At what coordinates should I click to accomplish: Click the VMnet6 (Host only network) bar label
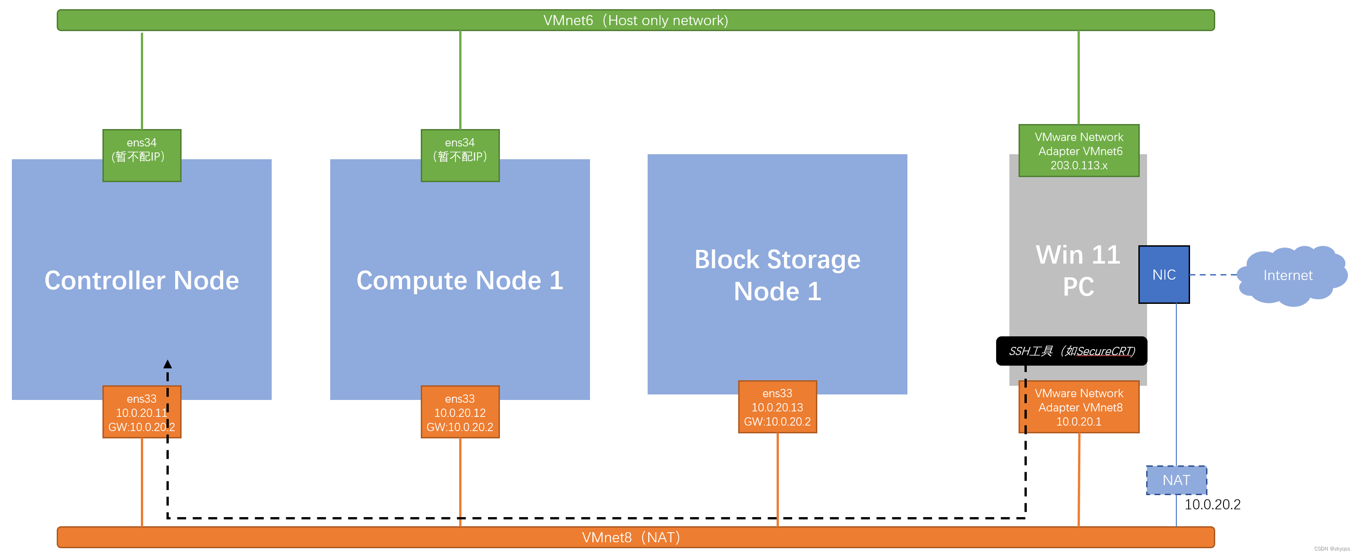pos(635,21)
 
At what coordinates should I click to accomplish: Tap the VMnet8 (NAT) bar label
pos(631,537)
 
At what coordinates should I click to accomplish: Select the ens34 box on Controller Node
pos(142,156)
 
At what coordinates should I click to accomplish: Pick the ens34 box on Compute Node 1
pos(460,156)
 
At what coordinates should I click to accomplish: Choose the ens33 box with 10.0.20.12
pos(460,412)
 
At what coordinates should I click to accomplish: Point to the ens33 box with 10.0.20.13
pos(777,407)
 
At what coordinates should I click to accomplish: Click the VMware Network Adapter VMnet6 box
pos(1078,151)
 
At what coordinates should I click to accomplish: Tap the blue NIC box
pos(1164,275)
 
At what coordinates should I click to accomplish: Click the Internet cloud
pos(1287,275)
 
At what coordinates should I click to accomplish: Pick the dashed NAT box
pos(1176,480)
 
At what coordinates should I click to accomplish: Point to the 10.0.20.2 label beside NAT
pos(1212,504)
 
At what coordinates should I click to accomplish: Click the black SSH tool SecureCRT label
pos(1071,351)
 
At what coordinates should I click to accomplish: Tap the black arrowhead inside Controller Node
pos(167,364)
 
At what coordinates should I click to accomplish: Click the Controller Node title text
pos(142,280)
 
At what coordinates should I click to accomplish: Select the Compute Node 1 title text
pos(460,280)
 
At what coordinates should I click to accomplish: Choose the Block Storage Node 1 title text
pos(777,275)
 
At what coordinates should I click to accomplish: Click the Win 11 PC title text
pos(1078,270)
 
